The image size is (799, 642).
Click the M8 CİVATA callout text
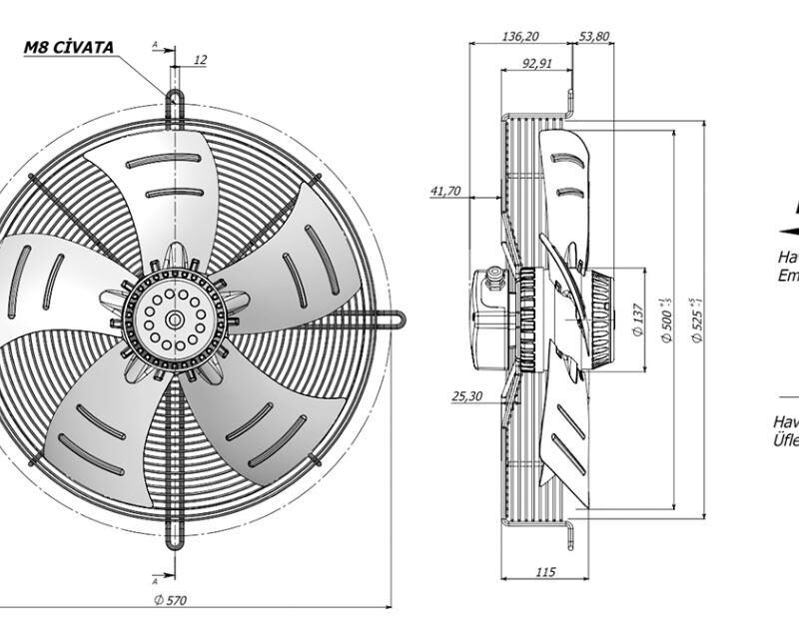(x=70, y=47)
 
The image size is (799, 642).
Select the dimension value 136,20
(x=519, y=36)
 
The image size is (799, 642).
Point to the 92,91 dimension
(x=536, y=64)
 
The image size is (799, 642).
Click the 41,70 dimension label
(x=444, y=191)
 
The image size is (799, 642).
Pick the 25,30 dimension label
(x=467, y=396)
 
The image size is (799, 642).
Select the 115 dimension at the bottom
(x=544, y=571)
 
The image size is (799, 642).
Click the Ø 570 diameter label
(x=171, y=599)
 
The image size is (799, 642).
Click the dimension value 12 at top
(x=200, y=60)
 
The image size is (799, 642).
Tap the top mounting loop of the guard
(x=175, y=102)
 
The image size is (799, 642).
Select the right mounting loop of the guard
(x=397, y=320)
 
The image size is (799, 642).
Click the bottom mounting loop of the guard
(x=175, y=536)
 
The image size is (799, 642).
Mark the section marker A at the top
(x=155, y=45)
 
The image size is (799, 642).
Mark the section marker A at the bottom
(x=155, y=579)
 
